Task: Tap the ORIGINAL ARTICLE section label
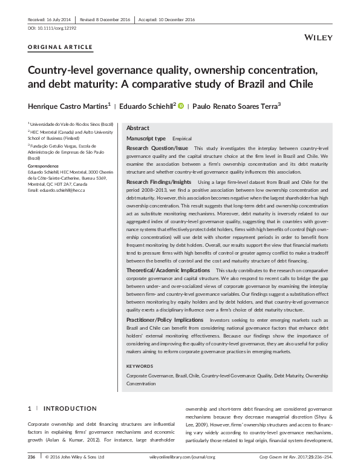tap(61, 47)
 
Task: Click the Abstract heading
tap(138, 128)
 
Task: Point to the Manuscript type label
tap(145, 139)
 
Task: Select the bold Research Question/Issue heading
tap(157, 148)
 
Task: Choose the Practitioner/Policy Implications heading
tap(165, 320)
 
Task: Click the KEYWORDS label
tap(140, 366)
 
